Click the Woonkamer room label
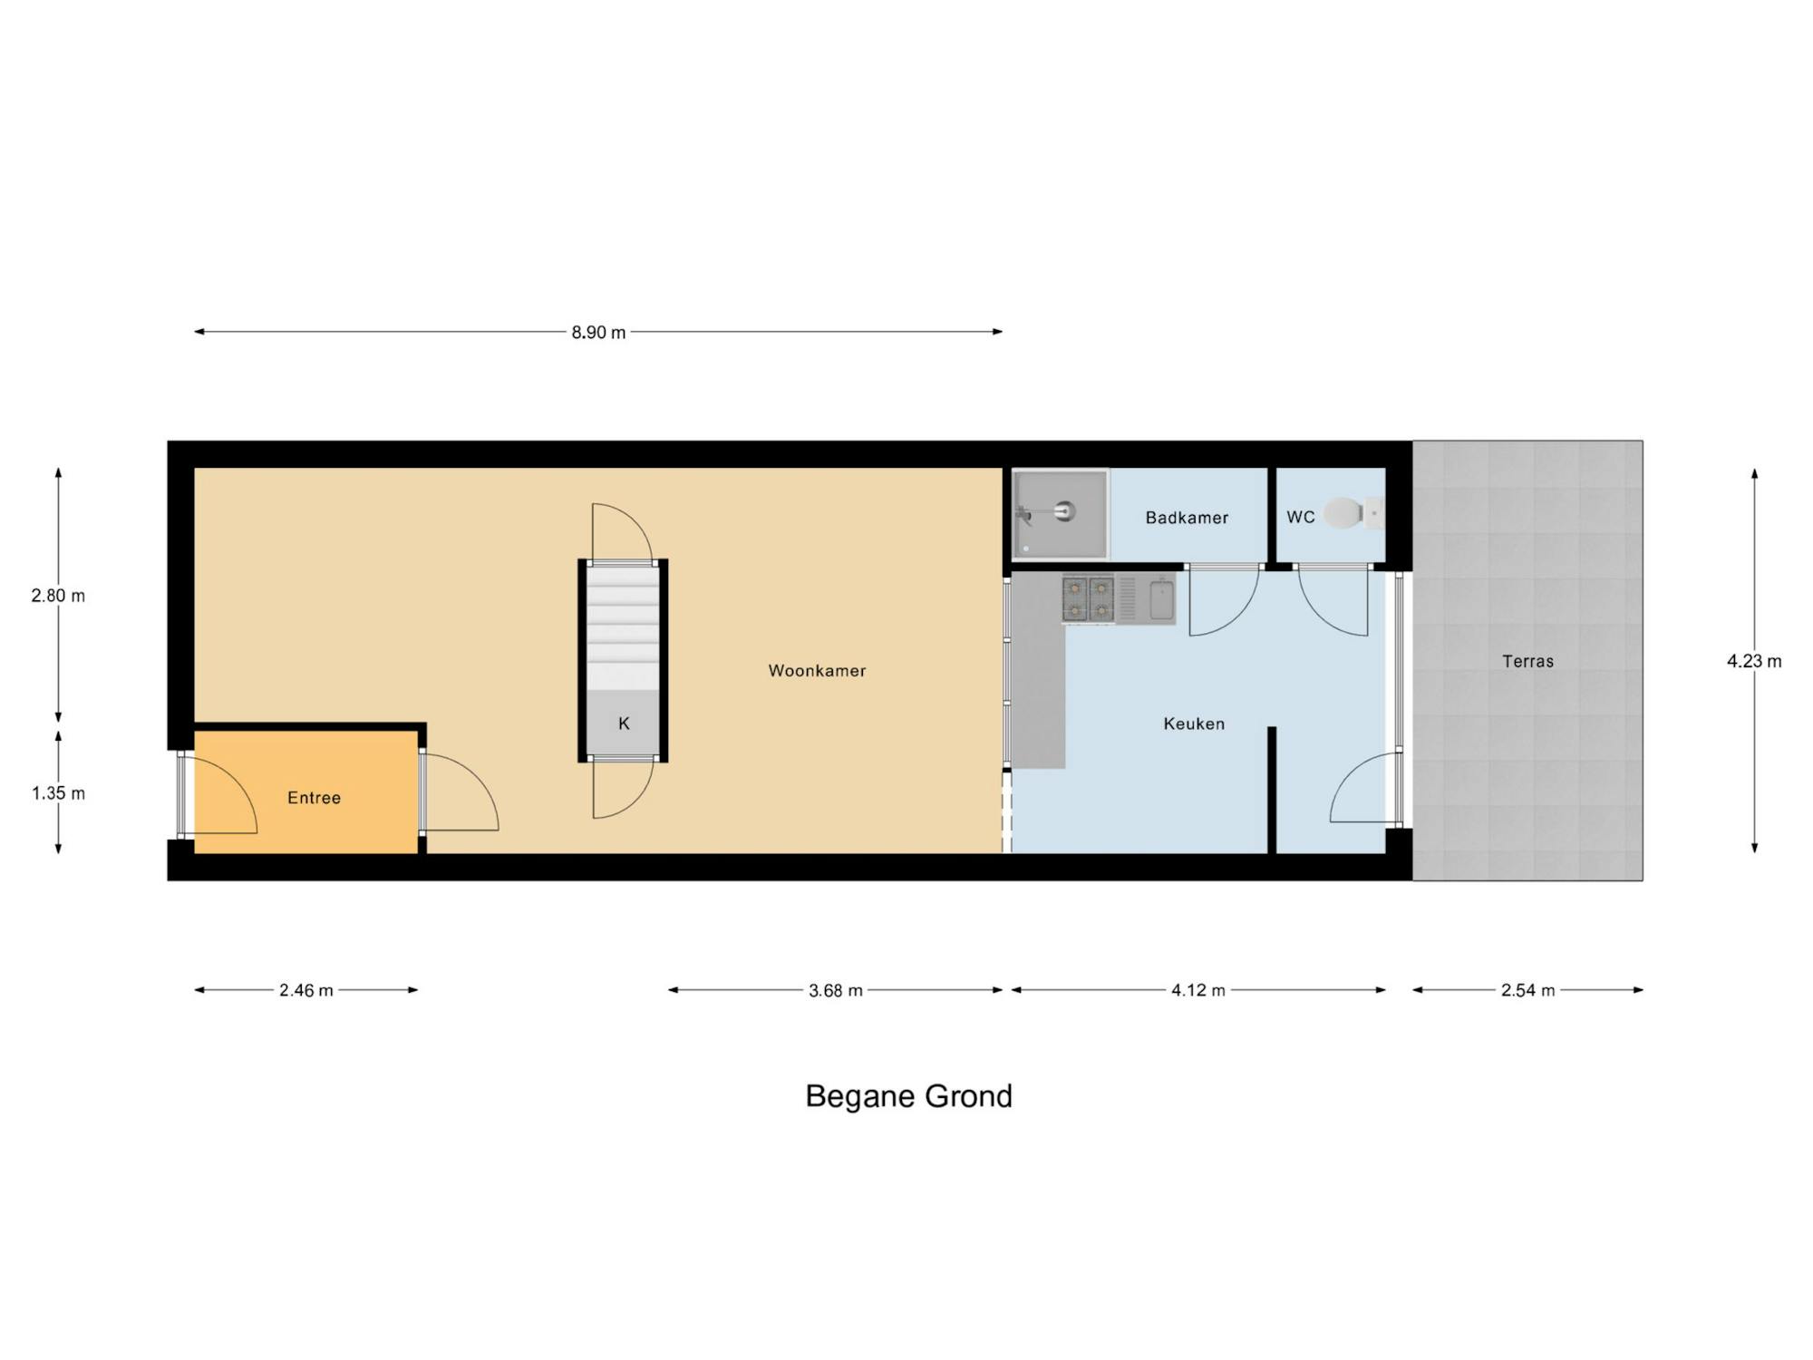coord(817,671)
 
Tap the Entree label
coord(314,798)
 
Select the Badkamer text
coord(1187,518)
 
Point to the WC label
coord(1300,517)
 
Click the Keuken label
coord(1194,724)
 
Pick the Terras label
coord(1527,661)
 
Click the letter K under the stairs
coord(624,724)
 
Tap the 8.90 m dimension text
coord(598,332)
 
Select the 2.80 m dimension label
coord(58,596)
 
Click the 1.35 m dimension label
coord(58,793)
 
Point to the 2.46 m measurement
coord(306,990)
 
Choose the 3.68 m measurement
coord(836,990)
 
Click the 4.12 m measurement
coord(1198,990)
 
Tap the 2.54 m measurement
coord(1528,990)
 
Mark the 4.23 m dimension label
coord(1754,661)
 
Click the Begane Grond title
coord(908,1096)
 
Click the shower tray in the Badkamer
coord(1061,514)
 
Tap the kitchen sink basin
coord(1161,599)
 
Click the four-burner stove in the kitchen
coord(1088,599)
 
